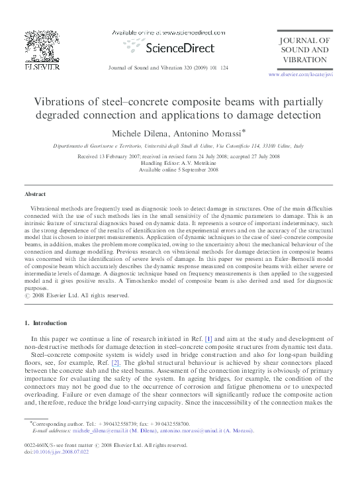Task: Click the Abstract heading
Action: [x=35, y=194]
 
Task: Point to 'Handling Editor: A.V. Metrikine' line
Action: [x=179, y=163]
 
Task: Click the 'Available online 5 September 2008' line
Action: [x=179, y=170]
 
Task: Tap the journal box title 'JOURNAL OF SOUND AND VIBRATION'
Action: [x=304, y=50]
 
